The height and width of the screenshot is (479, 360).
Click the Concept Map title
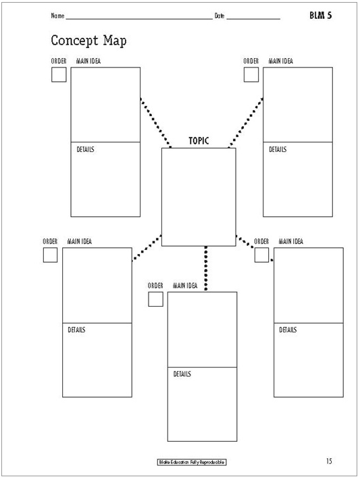pyautogui.click(x=88, y=41)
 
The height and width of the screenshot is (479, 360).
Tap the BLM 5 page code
pyautogui.click(x=320, y=16)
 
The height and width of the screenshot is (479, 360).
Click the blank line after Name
pyautogui.click(x=139, y=19)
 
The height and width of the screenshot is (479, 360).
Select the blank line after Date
pyautogui.click(x=253, y=19)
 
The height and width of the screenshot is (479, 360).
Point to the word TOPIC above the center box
pyautogui.click(x=199, y=141)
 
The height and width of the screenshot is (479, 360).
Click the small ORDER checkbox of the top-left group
pyautogui.click(x=59, y=74)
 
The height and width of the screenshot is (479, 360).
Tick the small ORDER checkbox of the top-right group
pyautogui.click(x=251, y=74)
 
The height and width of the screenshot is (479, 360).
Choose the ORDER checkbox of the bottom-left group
pyautogui.click(x=50, y=255)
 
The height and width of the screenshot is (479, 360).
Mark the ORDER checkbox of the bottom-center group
pyautogui.click(x=155, y=299)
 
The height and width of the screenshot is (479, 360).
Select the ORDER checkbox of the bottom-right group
pyautogui.click(x=261, y=255)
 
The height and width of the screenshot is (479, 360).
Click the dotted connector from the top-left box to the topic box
pyautogui.click(x=155, y=123)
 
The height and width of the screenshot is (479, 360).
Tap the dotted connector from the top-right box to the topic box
pyautogui.click(x=245, y=123)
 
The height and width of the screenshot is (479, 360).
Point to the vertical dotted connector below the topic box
pyautogui.click(x=206, y=268)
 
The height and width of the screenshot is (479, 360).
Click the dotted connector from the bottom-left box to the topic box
pyautogui.click(x=147, y=248)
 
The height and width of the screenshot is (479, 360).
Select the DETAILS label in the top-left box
pyautogui.click(x=85, y=149)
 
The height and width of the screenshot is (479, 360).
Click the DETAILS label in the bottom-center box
pyautogui.click(x=182, y=374)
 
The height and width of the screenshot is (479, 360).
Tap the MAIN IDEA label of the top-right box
pyautogui.click(x=280, y=61)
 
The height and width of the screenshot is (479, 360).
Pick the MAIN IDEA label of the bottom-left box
pyautogui.click(x=80, y=241)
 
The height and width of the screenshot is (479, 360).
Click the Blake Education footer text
pyautogui.click(x=192, y=462)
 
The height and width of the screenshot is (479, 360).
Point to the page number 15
pyautogui.click(x=329, y=461)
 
